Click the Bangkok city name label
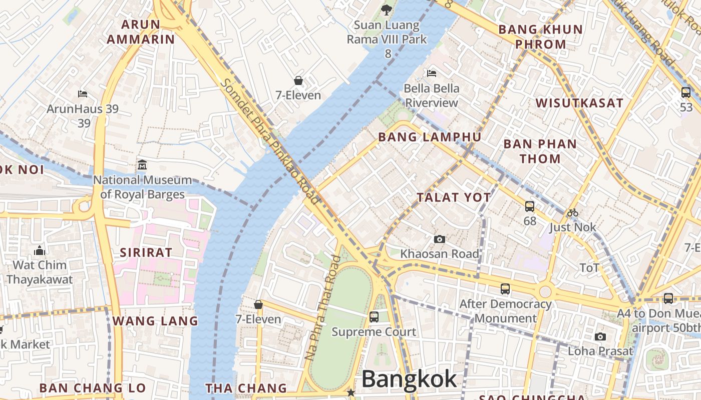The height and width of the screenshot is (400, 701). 409,379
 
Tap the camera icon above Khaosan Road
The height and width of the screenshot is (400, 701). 440,239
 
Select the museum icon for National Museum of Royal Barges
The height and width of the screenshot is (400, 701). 142,164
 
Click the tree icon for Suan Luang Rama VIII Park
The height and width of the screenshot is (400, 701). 386,9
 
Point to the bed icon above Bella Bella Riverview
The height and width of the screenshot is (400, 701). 432,73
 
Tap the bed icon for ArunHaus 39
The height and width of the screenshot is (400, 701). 83,93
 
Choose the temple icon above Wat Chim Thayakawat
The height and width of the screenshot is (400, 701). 40,250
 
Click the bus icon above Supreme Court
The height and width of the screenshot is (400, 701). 374,316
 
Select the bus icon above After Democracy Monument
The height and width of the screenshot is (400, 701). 505,288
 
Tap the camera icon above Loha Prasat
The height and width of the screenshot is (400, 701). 600,336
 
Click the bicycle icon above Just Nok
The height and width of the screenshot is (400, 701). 573,212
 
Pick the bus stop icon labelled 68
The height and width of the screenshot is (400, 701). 530,206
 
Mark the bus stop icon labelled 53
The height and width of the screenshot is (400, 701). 686,92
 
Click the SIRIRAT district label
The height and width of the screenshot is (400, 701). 146,252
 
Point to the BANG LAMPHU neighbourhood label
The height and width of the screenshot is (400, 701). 430,137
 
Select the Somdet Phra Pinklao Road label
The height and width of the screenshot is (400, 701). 270,141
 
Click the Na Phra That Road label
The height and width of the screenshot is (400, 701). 323,307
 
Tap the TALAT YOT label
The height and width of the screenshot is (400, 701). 454,197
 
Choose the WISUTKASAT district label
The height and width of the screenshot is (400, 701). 579,103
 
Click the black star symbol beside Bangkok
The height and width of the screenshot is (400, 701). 351,392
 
